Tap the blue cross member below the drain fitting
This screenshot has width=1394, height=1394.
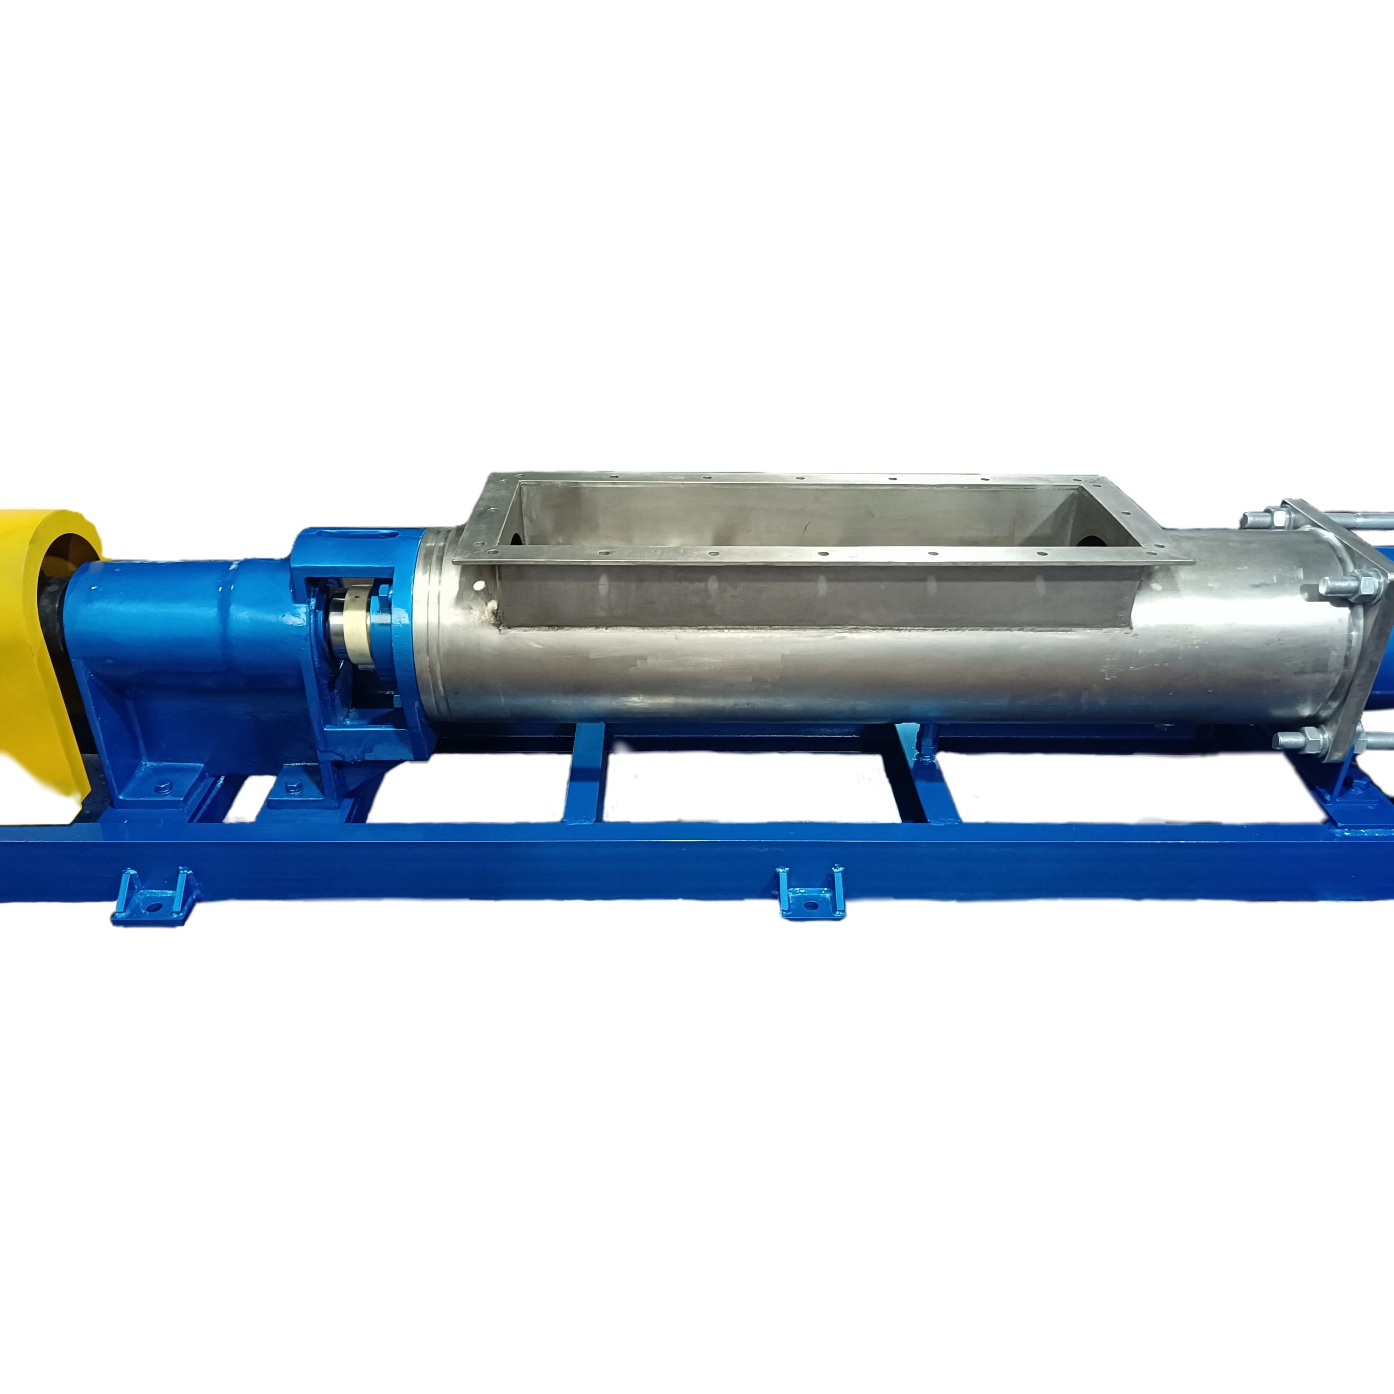(931, 786)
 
